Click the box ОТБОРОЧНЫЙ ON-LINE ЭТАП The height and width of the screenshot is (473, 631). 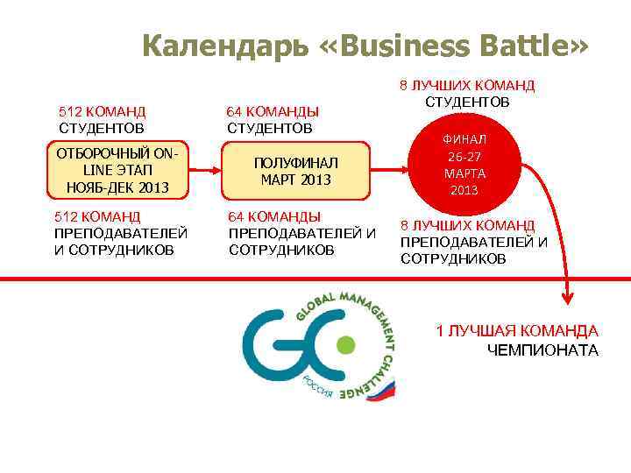117,171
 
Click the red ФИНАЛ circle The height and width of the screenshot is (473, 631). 464,165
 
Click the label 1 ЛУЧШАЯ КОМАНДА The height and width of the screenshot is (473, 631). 517,331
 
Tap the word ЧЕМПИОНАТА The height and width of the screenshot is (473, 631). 542,350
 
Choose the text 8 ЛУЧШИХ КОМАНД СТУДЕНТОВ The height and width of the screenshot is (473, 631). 467,94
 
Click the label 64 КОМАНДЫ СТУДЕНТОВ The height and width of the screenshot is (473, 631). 273,120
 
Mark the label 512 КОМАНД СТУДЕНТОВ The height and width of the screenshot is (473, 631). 102,120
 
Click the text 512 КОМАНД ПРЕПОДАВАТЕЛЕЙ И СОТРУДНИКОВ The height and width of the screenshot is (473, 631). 120,233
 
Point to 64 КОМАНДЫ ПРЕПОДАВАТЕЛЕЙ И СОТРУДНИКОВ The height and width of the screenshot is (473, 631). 301,233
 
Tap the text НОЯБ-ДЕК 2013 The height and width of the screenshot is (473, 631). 117,187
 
